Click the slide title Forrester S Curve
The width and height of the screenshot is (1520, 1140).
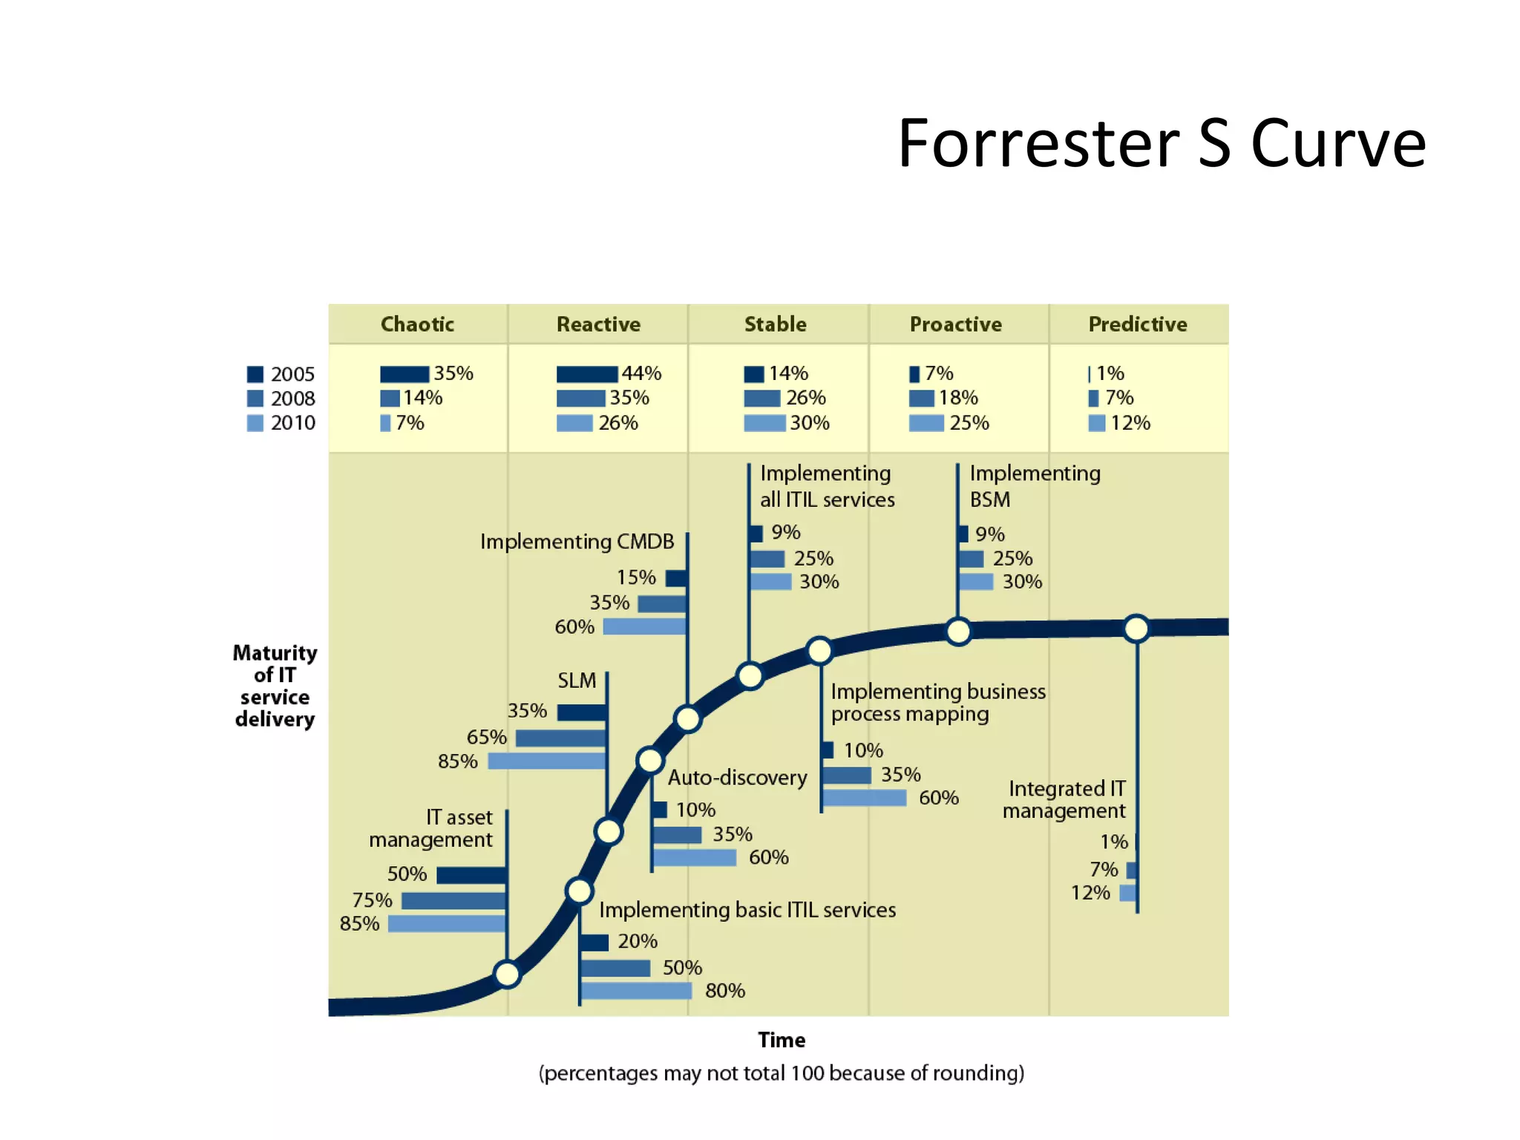[1161, 143]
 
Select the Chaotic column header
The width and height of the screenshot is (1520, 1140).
[417, 324]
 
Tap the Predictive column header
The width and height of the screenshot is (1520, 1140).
[1137, 324]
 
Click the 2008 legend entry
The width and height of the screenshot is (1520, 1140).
[281, 399]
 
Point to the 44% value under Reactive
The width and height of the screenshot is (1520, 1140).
[641, 373]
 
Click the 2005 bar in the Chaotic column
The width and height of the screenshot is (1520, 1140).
[404, 374]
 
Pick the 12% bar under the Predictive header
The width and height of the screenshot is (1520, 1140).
[1097, 423]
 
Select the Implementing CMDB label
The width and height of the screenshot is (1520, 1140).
[577, 542]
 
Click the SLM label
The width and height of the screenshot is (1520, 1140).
[577, 681]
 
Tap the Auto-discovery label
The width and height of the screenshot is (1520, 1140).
[737, 778]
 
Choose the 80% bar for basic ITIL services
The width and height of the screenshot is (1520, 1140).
[636, 991]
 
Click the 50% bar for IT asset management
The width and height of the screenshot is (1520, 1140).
[471, 875]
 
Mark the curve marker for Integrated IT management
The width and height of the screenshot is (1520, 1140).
[1136, 629]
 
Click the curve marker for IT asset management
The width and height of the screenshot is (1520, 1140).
[507, 974]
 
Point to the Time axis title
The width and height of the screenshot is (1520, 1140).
[782, 1040]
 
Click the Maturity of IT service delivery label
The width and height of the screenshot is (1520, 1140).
[275, 686]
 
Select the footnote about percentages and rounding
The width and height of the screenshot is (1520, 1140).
[782, 1073]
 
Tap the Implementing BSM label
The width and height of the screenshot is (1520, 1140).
[1035, 486]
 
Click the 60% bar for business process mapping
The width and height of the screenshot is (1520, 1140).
[865, 798]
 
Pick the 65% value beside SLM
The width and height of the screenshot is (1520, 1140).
[486, 737]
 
